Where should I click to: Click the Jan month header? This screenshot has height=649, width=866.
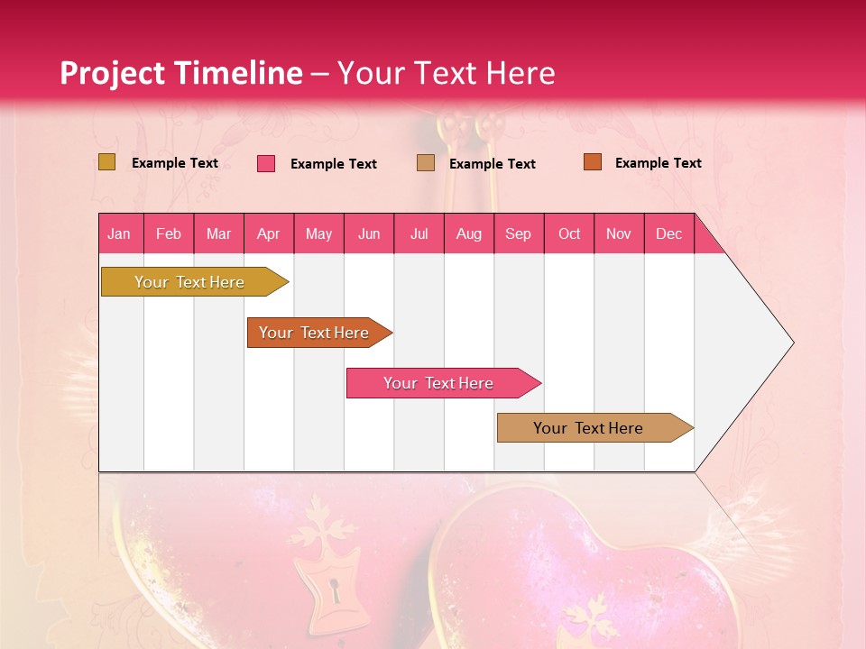[x=120, y=233]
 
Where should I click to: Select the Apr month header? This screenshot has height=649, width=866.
[x=269, y=233]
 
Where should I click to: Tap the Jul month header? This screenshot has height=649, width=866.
[x=419, y=233]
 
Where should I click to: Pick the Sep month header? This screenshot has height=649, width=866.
[x=518, y=233]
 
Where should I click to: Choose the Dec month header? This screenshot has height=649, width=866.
[x=668, y=233]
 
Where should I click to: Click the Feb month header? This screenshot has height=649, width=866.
[x=169, y=233]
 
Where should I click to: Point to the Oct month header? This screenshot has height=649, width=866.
[x=569, y=233]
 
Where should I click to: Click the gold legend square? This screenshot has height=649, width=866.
[x=106, y=162]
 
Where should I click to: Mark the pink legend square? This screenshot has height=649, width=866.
[x=266, y=163]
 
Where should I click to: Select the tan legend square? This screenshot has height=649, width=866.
[x=425, y=162]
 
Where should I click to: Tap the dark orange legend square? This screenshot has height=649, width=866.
[x=592, y=162]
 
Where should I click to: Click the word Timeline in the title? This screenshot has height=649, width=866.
[x=237, y=73]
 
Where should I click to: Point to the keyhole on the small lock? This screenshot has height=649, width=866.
[x=335, y=592]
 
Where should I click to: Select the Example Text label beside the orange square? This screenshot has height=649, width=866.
[x=658, y=162]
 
